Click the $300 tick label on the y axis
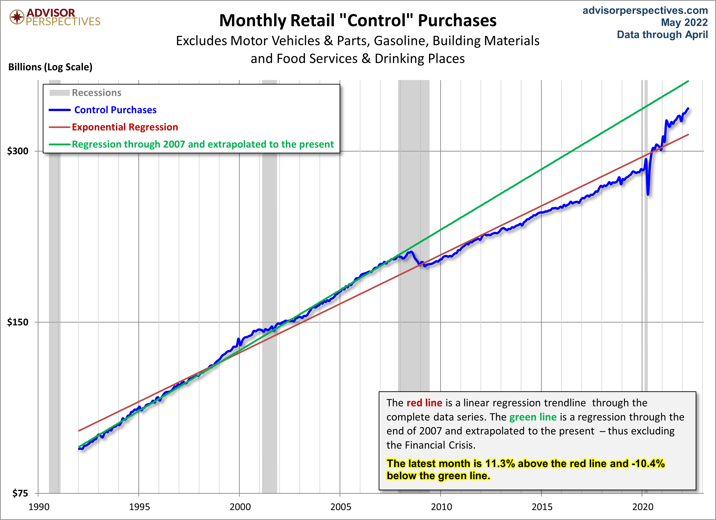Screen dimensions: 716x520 coord(18,151)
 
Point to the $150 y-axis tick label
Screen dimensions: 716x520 coord(18,322)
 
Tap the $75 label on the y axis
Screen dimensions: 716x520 coord(20,493)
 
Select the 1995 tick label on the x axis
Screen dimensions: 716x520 coord(139,507)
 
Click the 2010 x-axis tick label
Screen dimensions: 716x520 coord(441,507)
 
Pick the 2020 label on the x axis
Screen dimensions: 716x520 coord(642,507)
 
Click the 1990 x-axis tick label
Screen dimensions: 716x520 coord(39,507)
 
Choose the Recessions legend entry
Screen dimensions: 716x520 coord(97,93)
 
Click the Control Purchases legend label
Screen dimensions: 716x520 coord(115,110)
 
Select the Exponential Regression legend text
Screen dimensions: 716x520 coord(125,127)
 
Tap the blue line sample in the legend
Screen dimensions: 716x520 coord(60,110)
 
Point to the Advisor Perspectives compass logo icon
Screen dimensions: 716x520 coord(17,17)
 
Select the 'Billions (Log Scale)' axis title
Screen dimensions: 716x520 coord(50,67)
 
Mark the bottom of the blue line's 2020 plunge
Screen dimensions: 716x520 coord(648,194)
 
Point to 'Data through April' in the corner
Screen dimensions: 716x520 coord(662,34)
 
